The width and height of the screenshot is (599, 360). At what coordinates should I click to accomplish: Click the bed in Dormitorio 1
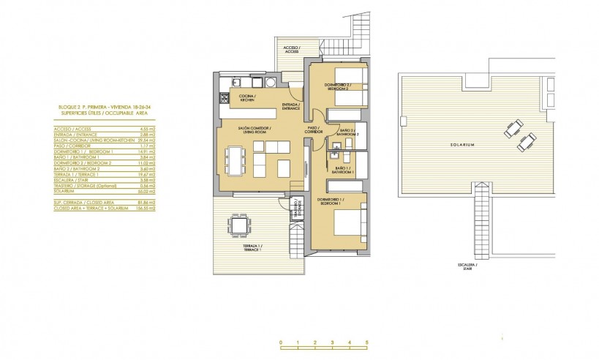coord(347,221)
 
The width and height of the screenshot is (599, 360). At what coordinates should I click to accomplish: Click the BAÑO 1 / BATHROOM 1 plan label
coord(344,170)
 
